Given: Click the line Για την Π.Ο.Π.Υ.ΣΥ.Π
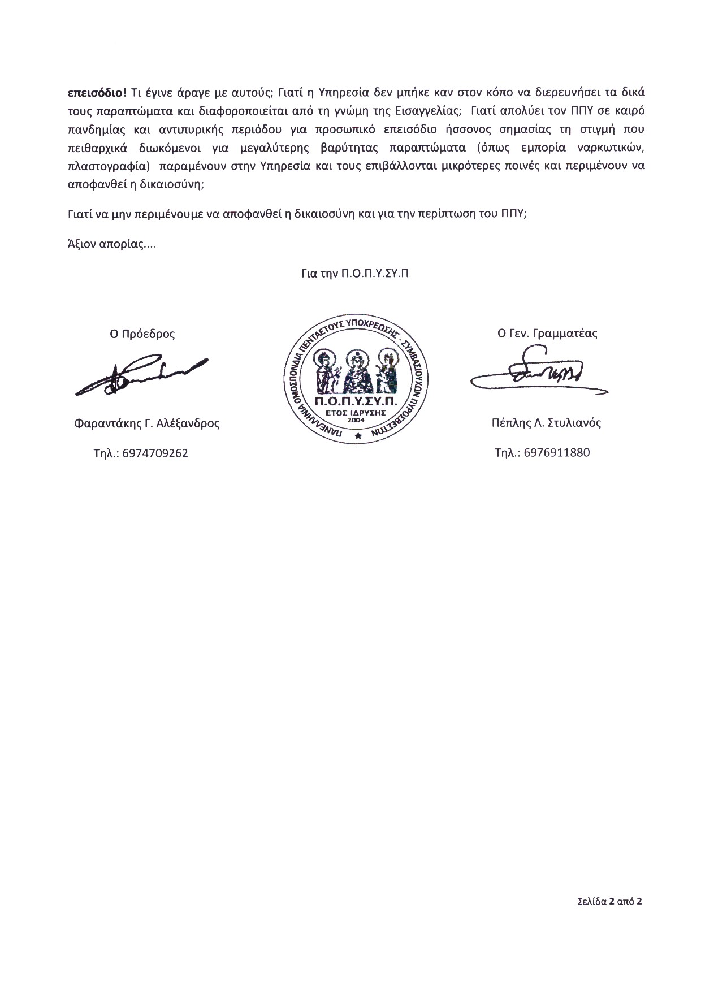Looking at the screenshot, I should (x=356, y=273).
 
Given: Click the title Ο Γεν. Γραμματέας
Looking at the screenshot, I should (x=547, y=333).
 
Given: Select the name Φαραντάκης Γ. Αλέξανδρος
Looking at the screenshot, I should (x=146, y=423).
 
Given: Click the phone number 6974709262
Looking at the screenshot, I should (x=155, y=453).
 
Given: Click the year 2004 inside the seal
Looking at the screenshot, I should (x=357, y=419).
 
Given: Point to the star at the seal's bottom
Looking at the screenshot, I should (x=357, y=435).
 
